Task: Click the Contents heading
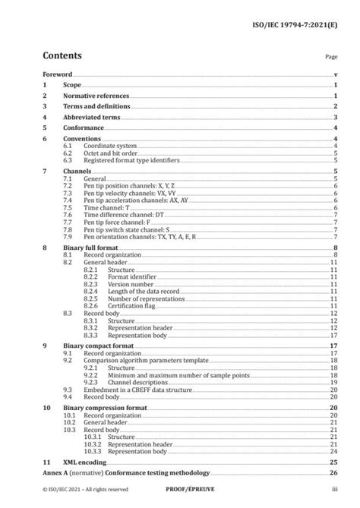click(x=62, y=55)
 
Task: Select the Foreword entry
click(x=58, y=75)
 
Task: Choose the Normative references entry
click(x=96, y=96)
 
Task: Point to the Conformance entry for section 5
click(x=83, y=128)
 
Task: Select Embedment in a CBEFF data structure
click(x=137, y=389)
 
